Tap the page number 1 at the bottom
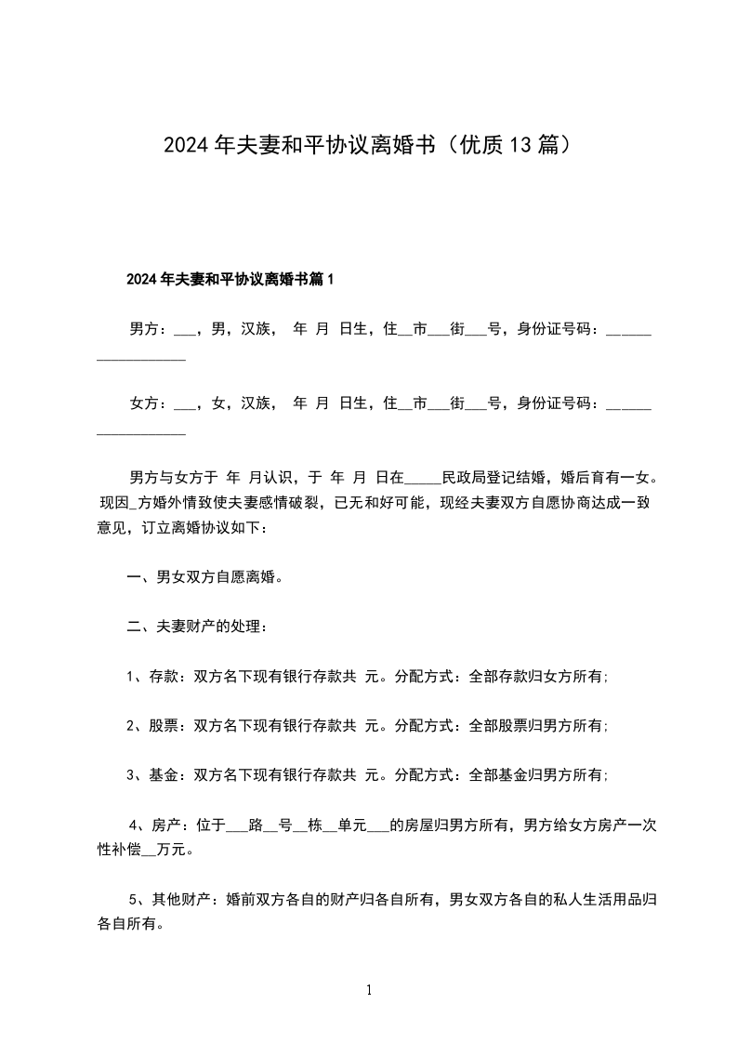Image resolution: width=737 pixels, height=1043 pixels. point(369,991)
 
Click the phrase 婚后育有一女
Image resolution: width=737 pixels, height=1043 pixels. point(609,479)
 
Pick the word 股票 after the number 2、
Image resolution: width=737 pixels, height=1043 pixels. point(164,725)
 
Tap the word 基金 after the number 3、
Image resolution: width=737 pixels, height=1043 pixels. point(164,774)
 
